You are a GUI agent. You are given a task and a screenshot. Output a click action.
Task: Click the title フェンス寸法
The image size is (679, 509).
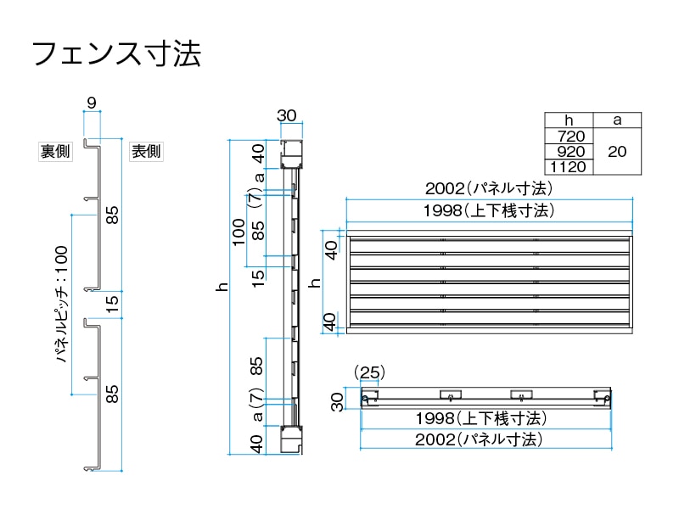tap(116, 54)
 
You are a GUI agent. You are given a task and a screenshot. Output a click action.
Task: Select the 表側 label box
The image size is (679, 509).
tap(145, 152)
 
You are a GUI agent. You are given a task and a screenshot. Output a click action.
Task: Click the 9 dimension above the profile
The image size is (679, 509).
tap(91, 103)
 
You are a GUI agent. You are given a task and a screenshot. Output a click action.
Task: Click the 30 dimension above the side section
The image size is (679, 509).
tap(287, 116)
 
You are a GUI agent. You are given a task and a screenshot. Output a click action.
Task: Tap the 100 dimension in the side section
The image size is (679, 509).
tap(239, 230)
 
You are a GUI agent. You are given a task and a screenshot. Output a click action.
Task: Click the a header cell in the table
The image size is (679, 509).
tap(617, 120)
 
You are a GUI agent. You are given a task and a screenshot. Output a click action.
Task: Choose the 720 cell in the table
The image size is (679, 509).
tap(568, 136)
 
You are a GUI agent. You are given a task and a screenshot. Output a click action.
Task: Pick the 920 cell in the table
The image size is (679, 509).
tap(568, 151)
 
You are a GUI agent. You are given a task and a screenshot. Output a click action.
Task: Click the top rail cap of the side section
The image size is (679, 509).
tap(293, 154)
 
